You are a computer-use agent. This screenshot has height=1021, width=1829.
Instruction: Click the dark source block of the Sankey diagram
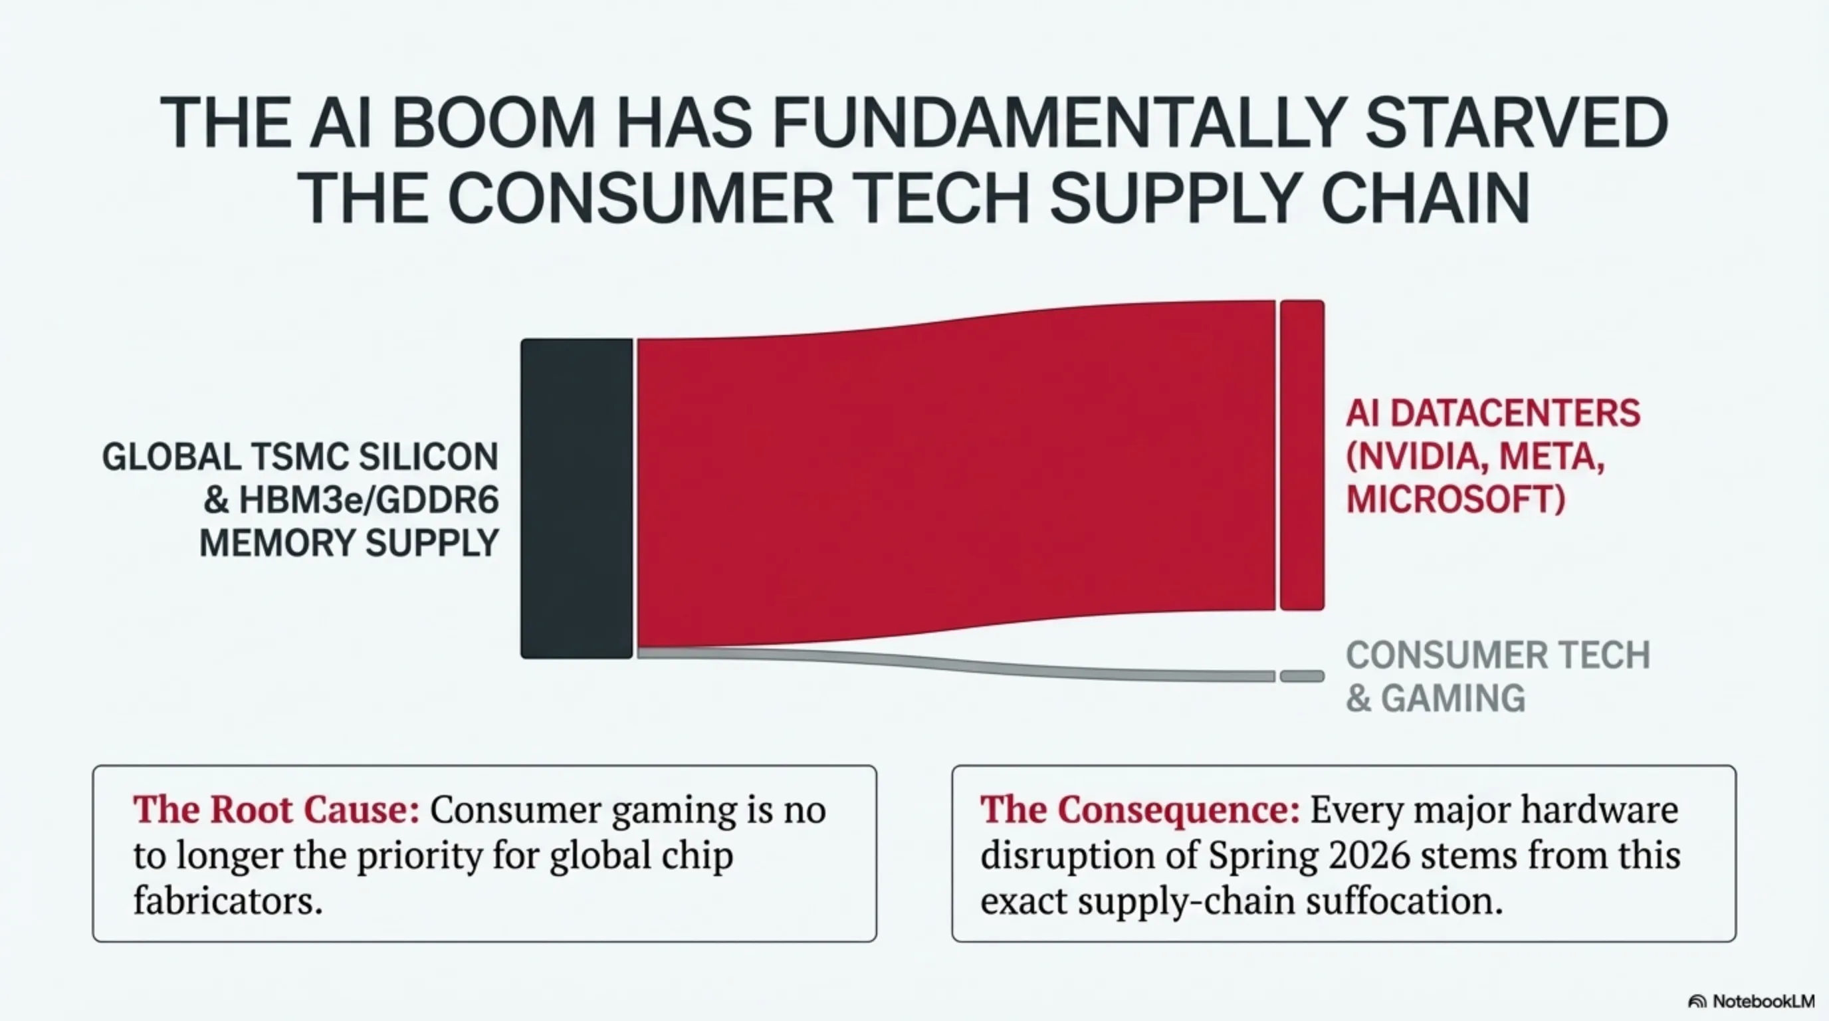(x=576, y=499)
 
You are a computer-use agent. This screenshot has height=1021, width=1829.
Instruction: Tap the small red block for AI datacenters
(x=1302, y=455)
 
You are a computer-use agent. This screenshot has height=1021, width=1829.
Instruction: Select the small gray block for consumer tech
(x=1302, y=676)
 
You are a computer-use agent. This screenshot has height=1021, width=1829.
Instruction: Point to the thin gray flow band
(x=956, y=663)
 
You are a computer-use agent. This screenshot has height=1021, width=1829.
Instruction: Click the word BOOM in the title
(x=492, y=123)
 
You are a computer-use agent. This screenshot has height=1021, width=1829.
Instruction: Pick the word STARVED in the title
(x=1517, y=123)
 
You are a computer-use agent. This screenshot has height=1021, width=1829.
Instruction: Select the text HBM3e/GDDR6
(x=368, y=500)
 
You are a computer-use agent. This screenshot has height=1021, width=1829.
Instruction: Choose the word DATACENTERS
(x=1515, y=413)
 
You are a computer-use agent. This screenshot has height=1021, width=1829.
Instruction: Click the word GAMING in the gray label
(x=1453, y=698)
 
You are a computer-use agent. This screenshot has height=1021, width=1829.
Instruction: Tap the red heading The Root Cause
(x=276, y=810)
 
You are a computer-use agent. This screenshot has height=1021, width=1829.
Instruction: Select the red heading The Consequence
(x=1140, y=810)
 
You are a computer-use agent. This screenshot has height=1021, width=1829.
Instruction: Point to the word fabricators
(x=228, y=900)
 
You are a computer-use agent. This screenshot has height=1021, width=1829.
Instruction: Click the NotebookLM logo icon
(x=1697, y=1002)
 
